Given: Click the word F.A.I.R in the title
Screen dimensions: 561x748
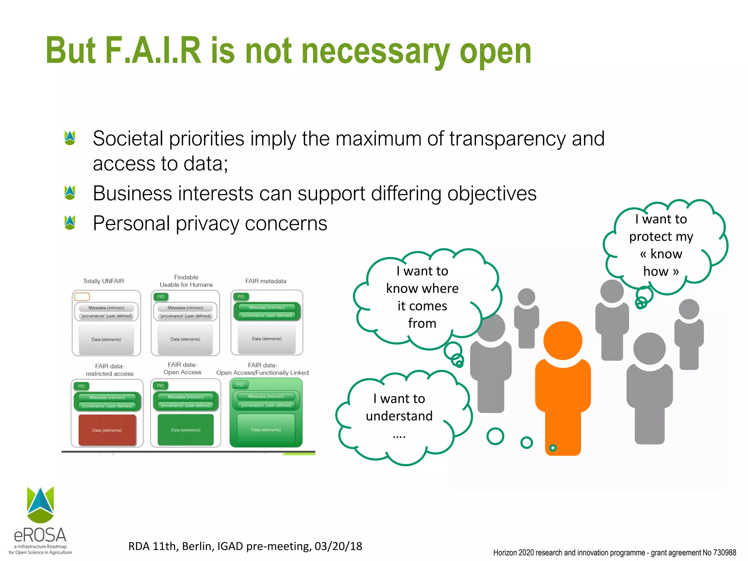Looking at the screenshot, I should pyautogui.click(x=153, y=51).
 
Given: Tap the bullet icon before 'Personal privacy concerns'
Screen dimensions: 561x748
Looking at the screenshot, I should pyautogui.click(x=69, y=222).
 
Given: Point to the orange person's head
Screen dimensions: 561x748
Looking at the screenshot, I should pyautogui.click(x=562, y=340).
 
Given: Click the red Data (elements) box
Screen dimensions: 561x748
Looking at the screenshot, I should pyautogui.click(x=107, y=430).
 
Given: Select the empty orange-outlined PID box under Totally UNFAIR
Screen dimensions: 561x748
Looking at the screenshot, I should pyautogui.click(x=82, y=297).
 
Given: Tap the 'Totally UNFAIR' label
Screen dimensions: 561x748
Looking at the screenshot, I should pyautogui.click(x=104, y=281).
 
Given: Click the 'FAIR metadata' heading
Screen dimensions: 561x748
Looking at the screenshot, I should pyautogui.click(x=266, y=281).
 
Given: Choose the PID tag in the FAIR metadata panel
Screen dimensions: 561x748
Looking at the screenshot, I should pyautogui.click(x=241, y=297).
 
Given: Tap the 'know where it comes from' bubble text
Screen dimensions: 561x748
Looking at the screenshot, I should pyautogui.click(x=422, y=297).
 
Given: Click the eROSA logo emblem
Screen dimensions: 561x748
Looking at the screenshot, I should pyautogui.click(x=41, y=504).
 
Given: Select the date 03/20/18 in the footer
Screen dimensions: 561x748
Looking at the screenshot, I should pyautogui.click(x=338, y=546).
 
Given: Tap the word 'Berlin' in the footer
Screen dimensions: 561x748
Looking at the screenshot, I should pyautogui.click(x=198, y=546).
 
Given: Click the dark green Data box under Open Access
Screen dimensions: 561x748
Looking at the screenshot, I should pyautogui.click(x=186, y=430).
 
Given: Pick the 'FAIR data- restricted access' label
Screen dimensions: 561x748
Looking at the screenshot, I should pyautogui.click(x=110, y=370).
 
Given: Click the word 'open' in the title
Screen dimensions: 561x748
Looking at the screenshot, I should pyautogui.click(x=495, y=51).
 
